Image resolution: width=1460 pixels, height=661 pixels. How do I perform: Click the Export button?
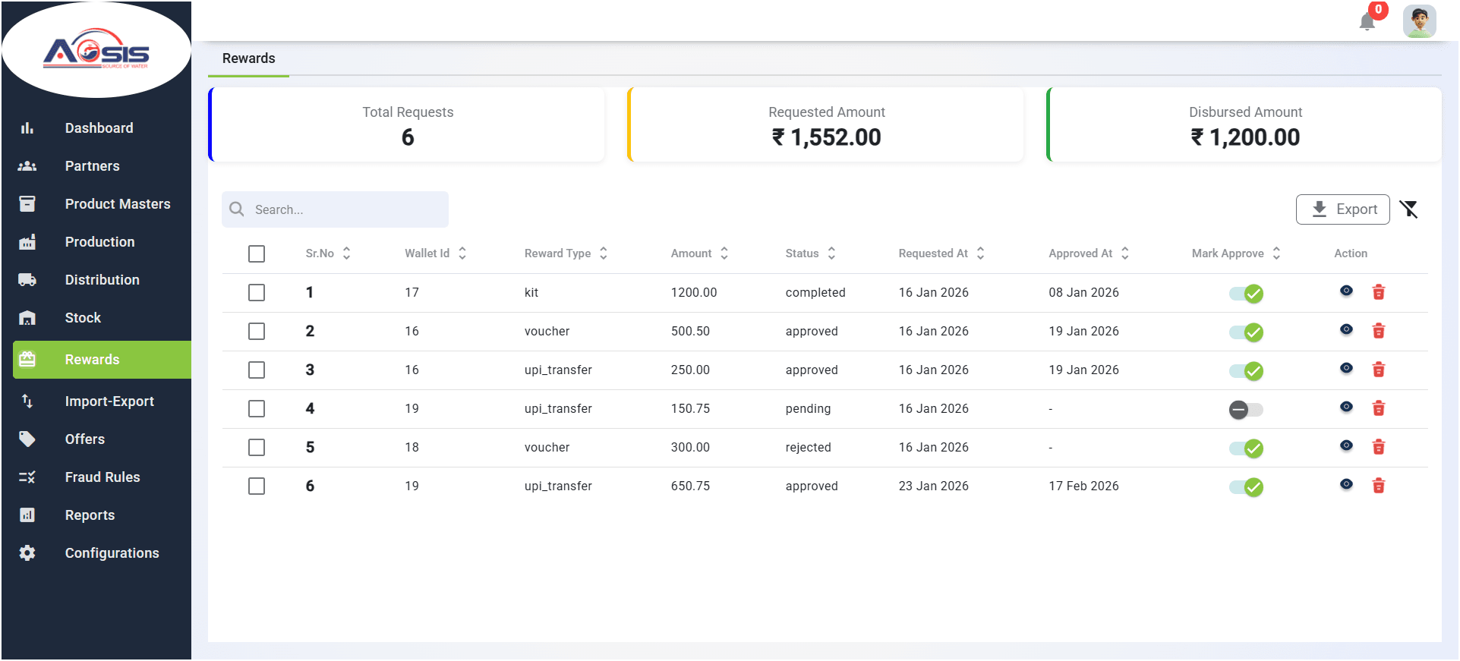[1342, 209]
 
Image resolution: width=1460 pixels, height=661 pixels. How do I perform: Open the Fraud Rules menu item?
[102, 477]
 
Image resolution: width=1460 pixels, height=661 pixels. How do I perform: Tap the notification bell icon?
[1367, 21]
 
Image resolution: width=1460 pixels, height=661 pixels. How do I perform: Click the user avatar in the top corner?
[1419, 21]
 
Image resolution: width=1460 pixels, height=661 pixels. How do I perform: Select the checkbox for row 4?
[257, 409]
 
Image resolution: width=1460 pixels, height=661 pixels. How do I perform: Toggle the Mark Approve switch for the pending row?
[1246, 410]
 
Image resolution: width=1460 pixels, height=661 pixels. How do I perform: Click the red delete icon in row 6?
[1379, 486]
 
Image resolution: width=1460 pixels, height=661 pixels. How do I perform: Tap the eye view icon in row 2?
[1346, 330]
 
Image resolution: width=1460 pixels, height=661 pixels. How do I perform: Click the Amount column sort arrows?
[724, 253]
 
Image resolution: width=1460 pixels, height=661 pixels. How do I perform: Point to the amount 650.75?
[690, 486]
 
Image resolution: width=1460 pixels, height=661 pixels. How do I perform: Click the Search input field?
[335, 209]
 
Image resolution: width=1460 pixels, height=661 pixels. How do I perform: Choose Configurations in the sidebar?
[112, 553]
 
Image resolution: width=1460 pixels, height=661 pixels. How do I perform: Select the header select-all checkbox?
[257, 253]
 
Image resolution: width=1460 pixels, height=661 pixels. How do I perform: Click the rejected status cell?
[808, 448]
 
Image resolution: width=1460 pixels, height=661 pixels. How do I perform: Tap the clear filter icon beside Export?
[1409, 209]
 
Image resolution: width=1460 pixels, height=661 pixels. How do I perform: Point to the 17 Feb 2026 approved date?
[1083, 486]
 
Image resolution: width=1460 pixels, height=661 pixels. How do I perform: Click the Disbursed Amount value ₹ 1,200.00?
[1245, 137]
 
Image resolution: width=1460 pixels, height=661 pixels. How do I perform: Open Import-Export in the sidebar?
[109, 401]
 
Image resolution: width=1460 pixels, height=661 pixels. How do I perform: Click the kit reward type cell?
[531, 293]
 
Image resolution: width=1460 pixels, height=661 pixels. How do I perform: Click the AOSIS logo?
[96, 50]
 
